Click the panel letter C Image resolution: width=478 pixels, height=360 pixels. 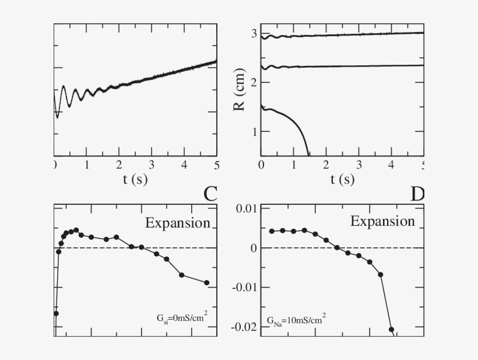(x=210, y=194)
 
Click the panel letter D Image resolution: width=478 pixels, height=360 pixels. (x=417, y=194)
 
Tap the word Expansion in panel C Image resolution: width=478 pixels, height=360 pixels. (x=177, y=223)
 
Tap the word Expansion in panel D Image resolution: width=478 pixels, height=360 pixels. (x=382, y=221)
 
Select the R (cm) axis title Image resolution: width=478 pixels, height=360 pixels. (x=240, y=93)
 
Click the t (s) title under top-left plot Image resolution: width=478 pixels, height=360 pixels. (x=135, y=179)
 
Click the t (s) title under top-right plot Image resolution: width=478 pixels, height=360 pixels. (x=342, y=179)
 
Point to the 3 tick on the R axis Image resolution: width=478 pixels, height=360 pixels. (x=253, y=34)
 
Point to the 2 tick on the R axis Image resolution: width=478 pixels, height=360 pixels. (x=253, y=83)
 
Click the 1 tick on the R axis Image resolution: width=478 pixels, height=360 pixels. (x=253, y=132)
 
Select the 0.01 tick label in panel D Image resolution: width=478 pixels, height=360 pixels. (x=245, y=208)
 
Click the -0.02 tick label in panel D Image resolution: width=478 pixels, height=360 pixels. (x=243, y=327)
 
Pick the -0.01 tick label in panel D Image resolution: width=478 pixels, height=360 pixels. (x=243, y=287)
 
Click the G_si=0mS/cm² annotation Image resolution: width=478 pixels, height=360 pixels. (x=182, y=318)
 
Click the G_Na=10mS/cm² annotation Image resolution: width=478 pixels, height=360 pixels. (x=296, y=320)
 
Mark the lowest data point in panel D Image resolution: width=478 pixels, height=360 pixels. (x=392, y=330)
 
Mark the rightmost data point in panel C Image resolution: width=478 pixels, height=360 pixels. (x=206, y=283)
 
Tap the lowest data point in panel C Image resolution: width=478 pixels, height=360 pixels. (x=56, y=313)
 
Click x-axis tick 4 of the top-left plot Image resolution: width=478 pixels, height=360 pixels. (x=184, y=165)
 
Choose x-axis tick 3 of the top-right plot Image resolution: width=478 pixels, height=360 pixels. (x=359, y=165)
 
